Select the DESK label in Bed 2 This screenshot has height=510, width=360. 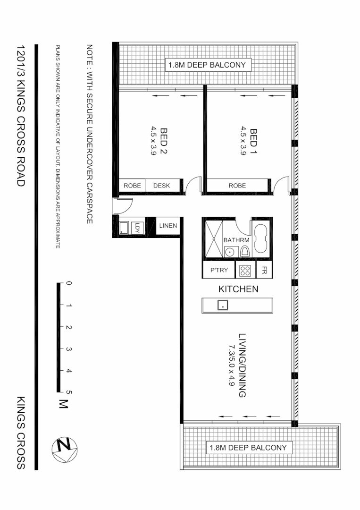162,186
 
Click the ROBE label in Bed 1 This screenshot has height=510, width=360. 237,186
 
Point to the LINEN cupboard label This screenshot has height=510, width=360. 167,226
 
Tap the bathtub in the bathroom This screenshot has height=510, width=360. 260,239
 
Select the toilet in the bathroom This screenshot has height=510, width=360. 244,252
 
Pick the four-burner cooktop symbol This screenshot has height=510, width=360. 245,271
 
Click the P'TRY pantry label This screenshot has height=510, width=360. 219,271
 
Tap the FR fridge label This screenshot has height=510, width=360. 264,271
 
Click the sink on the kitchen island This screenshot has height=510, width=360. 223,305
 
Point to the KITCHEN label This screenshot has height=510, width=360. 238,289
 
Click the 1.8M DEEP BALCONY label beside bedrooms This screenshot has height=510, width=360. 208,65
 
